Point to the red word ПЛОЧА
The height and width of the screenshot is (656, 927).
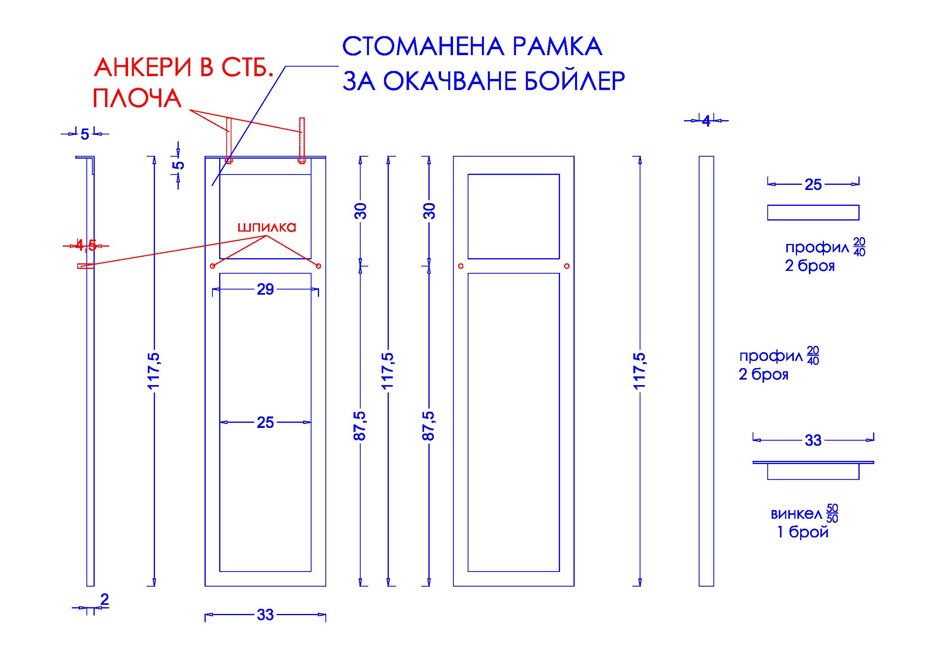tap(137, 98)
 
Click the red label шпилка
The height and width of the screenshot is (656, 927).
tap(266, 227)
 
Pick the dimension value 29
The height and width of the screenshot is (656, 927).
tap(265, 289)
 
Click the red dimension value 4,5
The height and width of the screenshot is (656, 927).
tap(86, 245)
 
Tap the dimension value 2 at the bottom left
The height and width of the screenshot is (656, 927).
tap(105, 599)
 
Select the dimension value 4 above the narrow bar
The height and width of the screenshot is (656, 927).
tap(706, 121)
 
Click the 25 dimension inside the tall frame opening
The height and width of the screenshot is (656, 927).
tap(265, 422)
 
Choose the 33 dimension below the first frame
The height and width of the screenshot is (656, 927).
tap(265, 615)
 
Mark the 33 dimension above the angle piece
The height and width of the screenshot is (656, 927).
tap(813, 440)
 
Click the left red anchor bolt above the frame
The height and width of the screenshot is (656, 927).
tap(229, 140)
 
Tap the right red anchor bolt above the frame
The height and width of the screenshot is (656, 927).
tap(302, 140)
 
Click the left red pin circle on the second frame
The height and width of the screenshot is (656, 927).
tap(461, 266)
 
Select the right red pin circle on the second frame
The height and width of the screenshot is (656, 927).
tap(567, 266)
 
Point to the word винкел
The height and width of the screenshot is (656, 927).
tap(796, 514)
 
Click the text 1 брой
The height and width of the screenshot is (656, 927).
tap(803, 532)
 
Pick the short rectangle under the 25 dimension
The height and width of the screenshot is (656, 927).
tap(813, 213)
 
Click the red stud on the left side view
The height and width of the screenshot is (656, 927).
tap(86, 266)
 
